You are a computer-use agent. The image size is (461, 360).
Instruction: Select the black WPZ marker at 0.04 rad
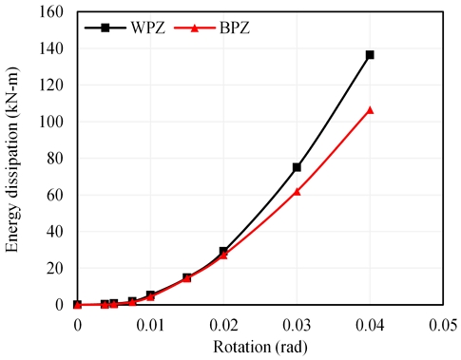pos(370,54)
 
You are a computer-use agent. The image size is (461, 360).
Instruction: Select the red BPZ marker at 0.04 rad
pos(370,110)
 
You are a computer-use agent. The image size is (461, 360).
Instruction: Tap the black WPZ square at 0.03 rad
pos(297,167)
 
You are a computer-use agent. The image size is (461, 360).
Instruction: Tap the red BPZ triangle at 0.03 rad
pos(297,191)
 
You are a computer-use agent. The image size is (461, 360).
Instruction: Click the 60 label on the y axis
pos(56,195)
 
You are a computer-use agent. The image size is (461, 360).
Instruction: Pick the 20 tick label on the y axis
pos(56,268)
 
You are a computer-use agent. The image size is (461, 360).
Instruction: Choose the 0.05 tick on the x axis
pos(443,324)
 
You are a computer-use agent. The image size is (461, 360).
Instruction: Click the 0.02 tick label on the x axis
pos(223,324)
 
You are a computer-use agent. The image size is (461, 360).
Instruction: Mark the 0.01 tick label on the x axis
pos(150,324)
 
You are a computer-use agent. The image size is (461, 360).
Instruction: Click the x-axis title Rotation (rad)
pos(259,345)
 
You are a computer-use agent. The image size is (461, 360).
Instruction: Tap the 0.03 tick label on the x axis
pos(297,324)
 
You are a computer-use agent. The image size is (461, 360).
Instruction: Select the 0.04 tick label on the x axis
pos(370,324)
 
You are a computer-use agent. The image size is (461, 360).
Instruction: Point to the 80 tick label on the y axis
pos(56,158)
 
